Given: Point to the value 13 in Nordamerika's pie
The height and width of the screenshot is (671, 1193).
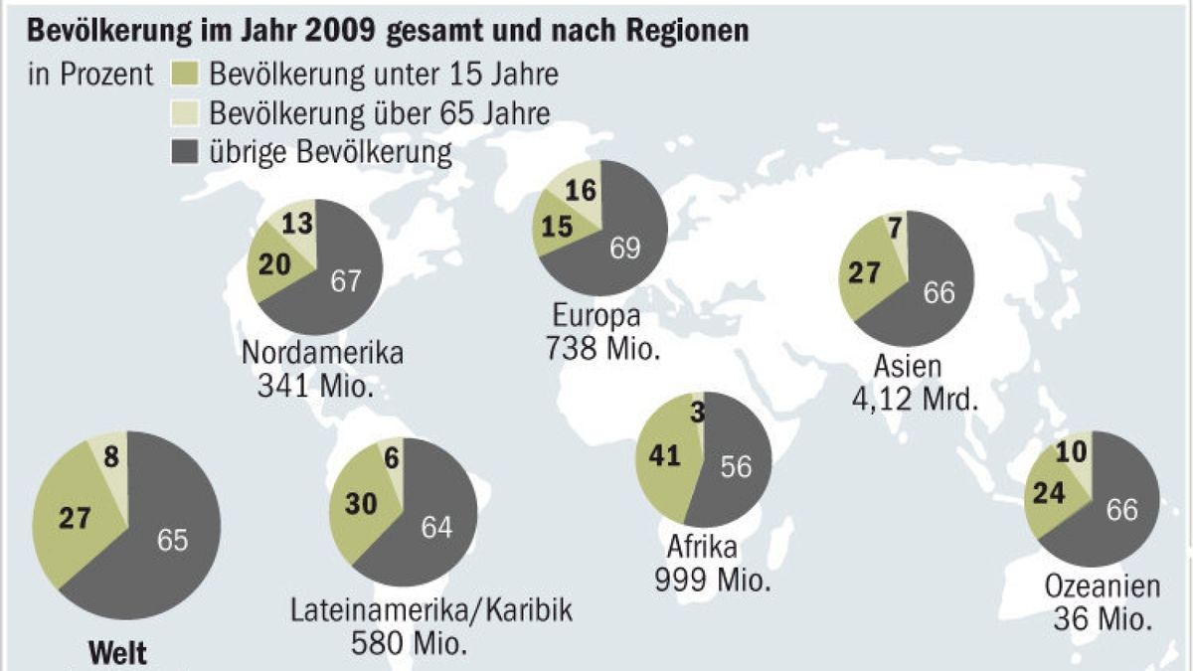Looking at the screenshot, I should pos(296,223).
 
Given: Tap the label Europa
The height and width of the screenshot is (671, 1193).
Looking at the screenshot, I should pos(600,318).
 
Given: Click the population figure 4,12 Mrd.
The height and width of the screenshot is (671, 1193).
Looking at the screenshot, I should pos(908,401).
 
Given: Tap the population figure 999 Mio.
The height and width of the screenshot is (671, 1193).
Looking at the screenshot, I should pos(713,579).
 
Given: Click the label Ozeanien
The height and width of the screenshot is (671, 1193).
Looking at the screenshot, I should pos(1102,587).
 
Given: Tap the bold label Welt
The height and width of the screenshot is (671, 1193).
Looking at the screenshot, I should pos(118,653).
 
